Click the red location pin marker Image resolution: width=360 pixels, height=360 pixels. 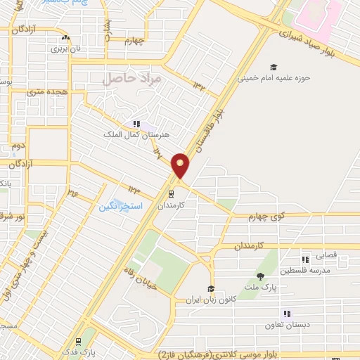[x=181, y=165]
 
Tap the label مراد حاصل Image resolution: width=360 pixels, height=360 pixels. [x=132, y=79]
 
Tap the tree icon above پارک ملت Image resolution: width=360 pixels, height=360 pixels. [x=261, y=277]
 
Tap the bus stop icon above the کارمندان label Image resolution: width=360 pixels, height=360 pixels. [x=171, y=193]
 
